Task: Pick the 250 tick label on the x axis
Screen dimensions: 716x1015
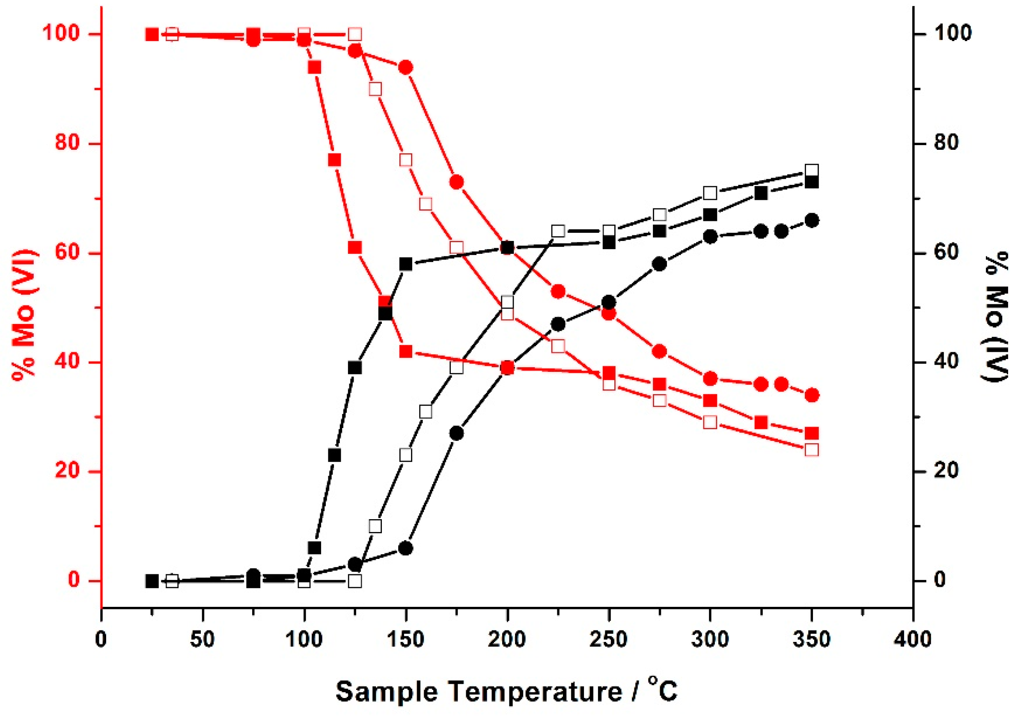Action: [609, 639]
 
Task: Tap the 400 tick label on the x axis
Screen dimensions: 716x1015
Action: [912, 639]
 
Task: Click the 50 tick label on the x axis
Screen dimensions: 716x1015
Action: [202, 639]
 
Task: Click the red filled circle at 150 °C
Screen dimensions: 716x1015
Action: [406, 68]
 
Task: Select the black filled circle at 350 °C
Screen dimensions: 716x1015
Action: [812, 220]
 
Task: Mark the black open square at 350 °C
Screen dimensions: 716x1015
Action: [812, 171]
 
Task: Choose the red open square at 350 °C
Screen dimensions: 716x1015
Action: [812, 450]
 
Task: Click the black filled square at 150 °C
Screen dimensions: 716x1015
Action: [406, 264]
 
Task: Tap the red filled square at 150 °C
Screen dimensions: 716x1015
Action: [406, 352]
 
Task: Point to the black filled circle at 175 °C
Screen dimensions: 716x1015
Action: [457, 434]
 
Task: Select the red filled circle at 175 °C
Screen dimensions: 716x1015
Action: [457, 182]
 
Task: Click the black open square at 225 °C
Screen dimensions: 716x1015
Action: [558, 231]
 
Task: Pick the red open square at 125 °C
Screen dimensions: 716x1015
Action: [355, 35]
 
